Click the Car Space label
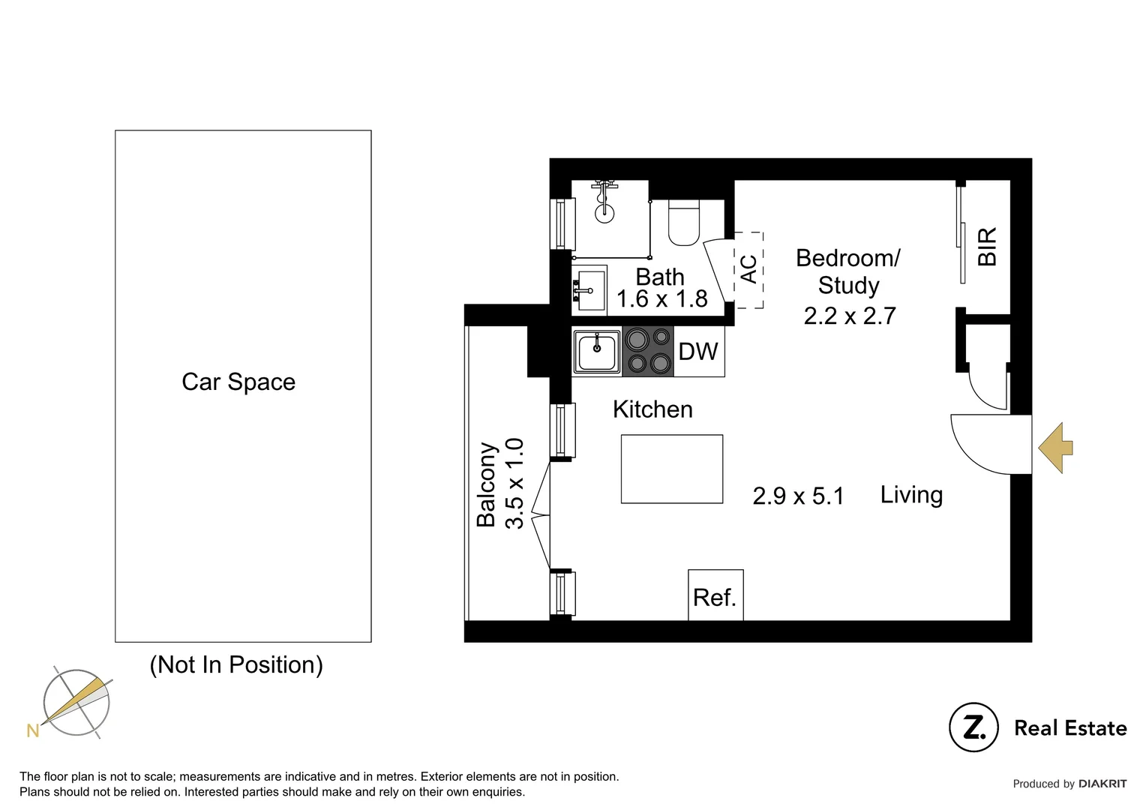click(238, 382)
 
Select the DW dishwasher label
click(698, 352)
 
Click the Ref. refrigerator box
click(715, 595)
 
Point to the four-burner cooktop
click(648, 352)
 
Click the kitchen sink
click(597, 352)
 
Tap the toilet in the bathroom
click(683, 223)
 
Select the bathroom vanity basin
click(589, 288)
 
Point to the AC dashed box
click(749, 270)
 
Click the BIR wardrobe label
click(988, 247)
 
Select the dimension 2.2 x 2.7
click(849, 316)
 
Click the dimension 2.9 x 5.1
click(798, 496)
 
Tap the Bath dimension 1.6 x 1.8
click(662, 298)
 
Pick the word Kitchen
click(652, 409)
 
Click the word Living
click(912, 495)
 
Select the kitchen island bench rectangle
click(672, 469)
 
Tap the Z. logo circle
click(973, 727)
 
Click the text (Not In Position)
click(236, 665)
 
